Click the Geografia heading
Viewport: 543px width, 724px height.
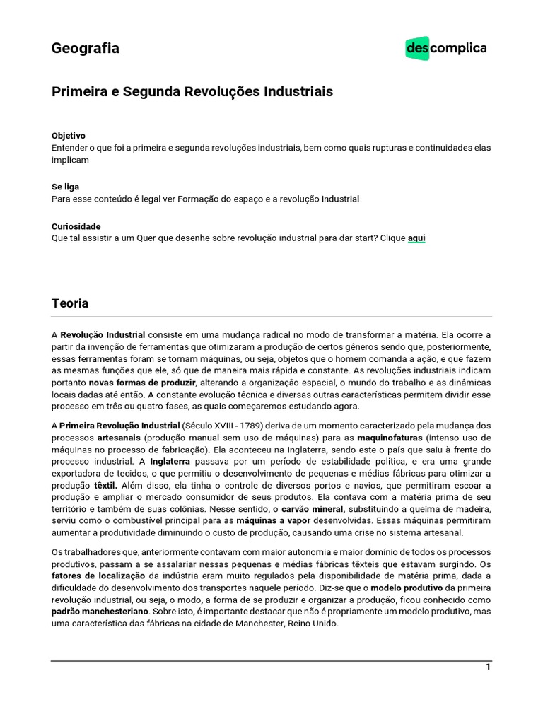[x=85, y=49]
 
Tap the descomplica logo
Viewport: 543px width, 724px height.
[x=445, y=49]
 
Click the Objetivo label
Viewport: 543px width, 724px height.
[x=69, y=135]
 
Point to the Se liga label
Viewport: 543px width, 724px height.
[x=65, y=187]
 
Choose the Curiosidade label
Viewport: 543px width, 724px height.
[x=76, y=226]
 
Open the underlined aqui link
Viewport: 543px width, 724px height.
[x=416, y=238]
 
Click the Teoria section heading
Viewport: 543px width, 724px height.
[x=70, y=303]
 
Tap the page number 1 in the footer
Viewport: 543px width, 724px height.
[x=488, y=667]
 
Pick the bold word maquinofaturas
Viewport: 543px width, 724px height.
[x=390, y=438]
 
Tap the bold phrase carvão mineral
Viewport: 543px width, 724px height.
[x=313, y=509]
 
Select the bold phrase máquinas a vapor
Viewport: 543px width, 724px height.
[x=274, y=521]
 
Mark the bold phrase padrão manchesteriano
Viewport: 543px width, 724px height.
[x=100, y=611]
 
